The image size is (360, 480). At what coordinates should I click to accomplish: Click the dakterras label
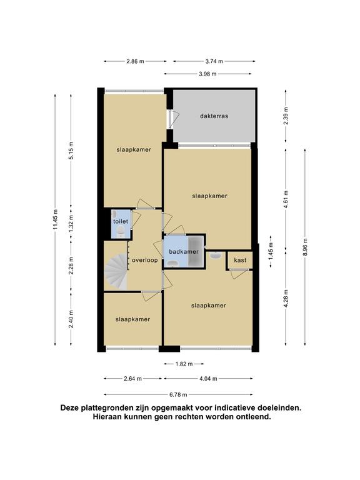pyautogui.click(x=214, y=116)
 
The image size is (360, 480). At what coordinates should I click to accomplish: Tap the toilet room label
pyautogui.click(x=121, y=221)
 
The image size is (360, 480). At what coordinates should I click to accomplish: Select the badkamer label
pyautogui.click(x=184, y=252)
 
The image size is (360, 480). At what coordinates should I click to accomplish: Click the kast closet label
pyautogui.click(x=240, y=260)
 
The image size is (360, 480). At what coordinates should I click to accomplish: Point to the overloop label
pyautogui.click(x=145, y=260)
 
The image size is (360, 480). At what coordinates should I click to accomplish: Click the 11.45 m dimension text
pyautogui.click(x=55, y=219)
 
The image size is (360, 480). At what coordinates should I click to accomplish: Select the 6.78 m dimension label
pyautogui.click(x=178, y=394)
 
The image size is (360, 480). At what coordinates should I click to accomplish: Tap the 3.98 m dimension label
pyautogui.click(x=207, y=74)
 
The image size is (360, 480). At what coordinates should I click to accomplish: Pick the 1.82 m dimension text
pyautogui.click(x=184, y=364)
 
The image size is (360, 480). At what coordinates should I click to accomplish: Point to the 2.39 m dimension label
pyautogui.click(x=286, y=116)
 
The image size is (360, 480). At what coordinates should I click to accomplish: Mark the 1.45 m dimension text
pyautogui.click(x=271, y=251)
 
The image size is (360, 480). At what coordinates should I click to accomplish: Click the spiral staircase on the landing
pyautogui.click(x=116, y=271)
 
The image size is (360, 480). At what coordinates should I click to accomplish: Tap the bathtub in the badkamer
pyautogui.click(x=195, y=251)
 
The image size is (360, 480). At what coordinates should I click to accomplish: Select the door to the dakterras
pyautogui.click(x=173, y=119)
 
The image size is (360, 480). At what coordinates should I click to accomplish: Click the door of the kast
pyautogui.click(x=238, y=274)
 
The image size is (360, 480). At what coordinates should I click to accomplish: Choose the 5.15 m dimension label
pyautogui.click(x=71, y=150)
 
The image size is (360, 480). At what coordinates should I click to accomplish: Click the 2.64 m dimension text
pyautogui.click(x=133, y=379)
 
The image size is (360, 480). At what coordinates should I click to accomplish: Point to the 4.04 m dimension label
pyautogui.click(x=208, y=379)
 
